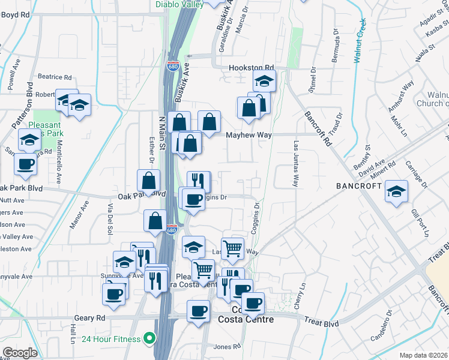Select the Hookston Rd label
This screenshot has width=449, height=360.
(x=251, y=68)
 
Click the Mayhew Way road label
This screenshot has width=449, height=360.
(x=249, y=135)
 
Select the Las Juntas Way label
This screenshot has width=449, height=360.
(x=295, y=164)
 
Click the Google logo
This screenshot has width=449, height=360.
(x=20, y=353)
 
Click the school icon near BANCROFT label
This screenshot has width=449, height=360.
(x=396, y=191)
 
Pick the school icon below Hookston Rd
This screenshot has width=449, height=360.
(x=264, y=80)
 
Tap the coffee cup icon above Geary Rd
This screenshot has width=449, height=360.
(x=198, y=311)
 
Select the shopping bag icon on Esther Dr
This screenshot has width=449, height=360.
(x=148, y=180)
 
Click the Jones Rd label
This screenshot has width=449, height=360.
(x=226, y=347)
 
